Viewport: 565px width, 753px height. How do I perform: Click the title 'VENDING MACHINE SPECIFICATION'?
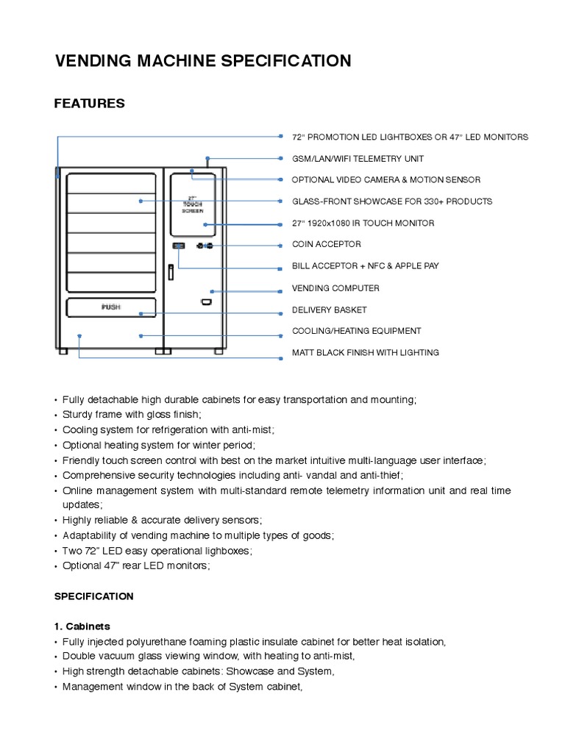tap(203, 60)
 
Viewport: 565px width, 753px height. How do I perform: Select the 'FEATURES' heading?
tap(89, 104)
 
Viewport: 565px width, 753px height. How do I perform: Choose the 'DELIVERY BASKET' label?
tap(329, 310)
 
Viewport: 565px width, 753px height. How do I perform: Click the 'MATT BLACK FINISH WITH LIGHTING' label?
tap(366, 352)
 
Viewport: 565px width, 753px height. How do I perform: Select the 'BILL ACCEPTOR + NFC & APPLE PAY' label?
tap(365, 265)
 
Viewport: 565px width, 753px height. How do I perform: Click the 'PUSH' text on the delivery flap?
tap(111, 307)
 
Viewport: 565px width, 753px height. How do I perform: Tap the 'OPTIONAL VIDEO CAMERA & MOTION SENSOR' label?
tap(386, 179)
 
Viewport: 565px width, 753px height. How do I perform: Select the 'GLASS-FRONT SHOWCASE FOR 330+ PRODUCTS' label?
tap(392, 201)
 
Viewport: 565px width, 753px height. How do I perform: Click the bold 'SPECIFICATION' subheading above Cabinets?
tap(93, 596)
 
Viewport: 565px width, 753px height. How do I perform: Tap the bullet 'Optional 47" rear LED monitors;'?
tap(136, 565)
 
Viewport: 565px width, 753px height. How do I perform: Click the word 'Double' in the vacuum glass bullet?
tap(78, 657)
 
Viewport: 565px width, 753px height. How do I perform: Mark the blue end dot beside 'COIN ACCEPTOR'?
tap(280, 245)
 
